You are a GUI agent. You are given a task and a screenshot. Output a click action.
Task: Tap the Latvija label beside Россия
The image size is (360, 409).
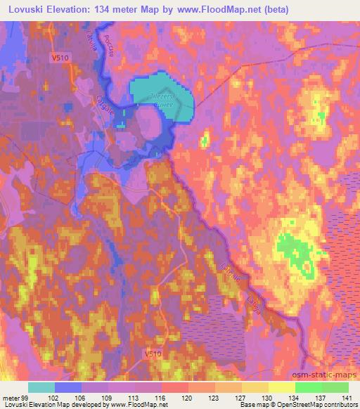(x=89, y=33)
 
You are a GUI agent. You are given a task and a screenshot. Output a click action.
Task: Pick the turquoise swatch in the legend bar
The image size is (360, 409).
(x=41, y=387)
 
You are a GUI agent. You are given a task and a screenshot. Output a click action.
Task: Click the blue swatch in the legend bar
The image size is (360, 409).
(x=68, y=387)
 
